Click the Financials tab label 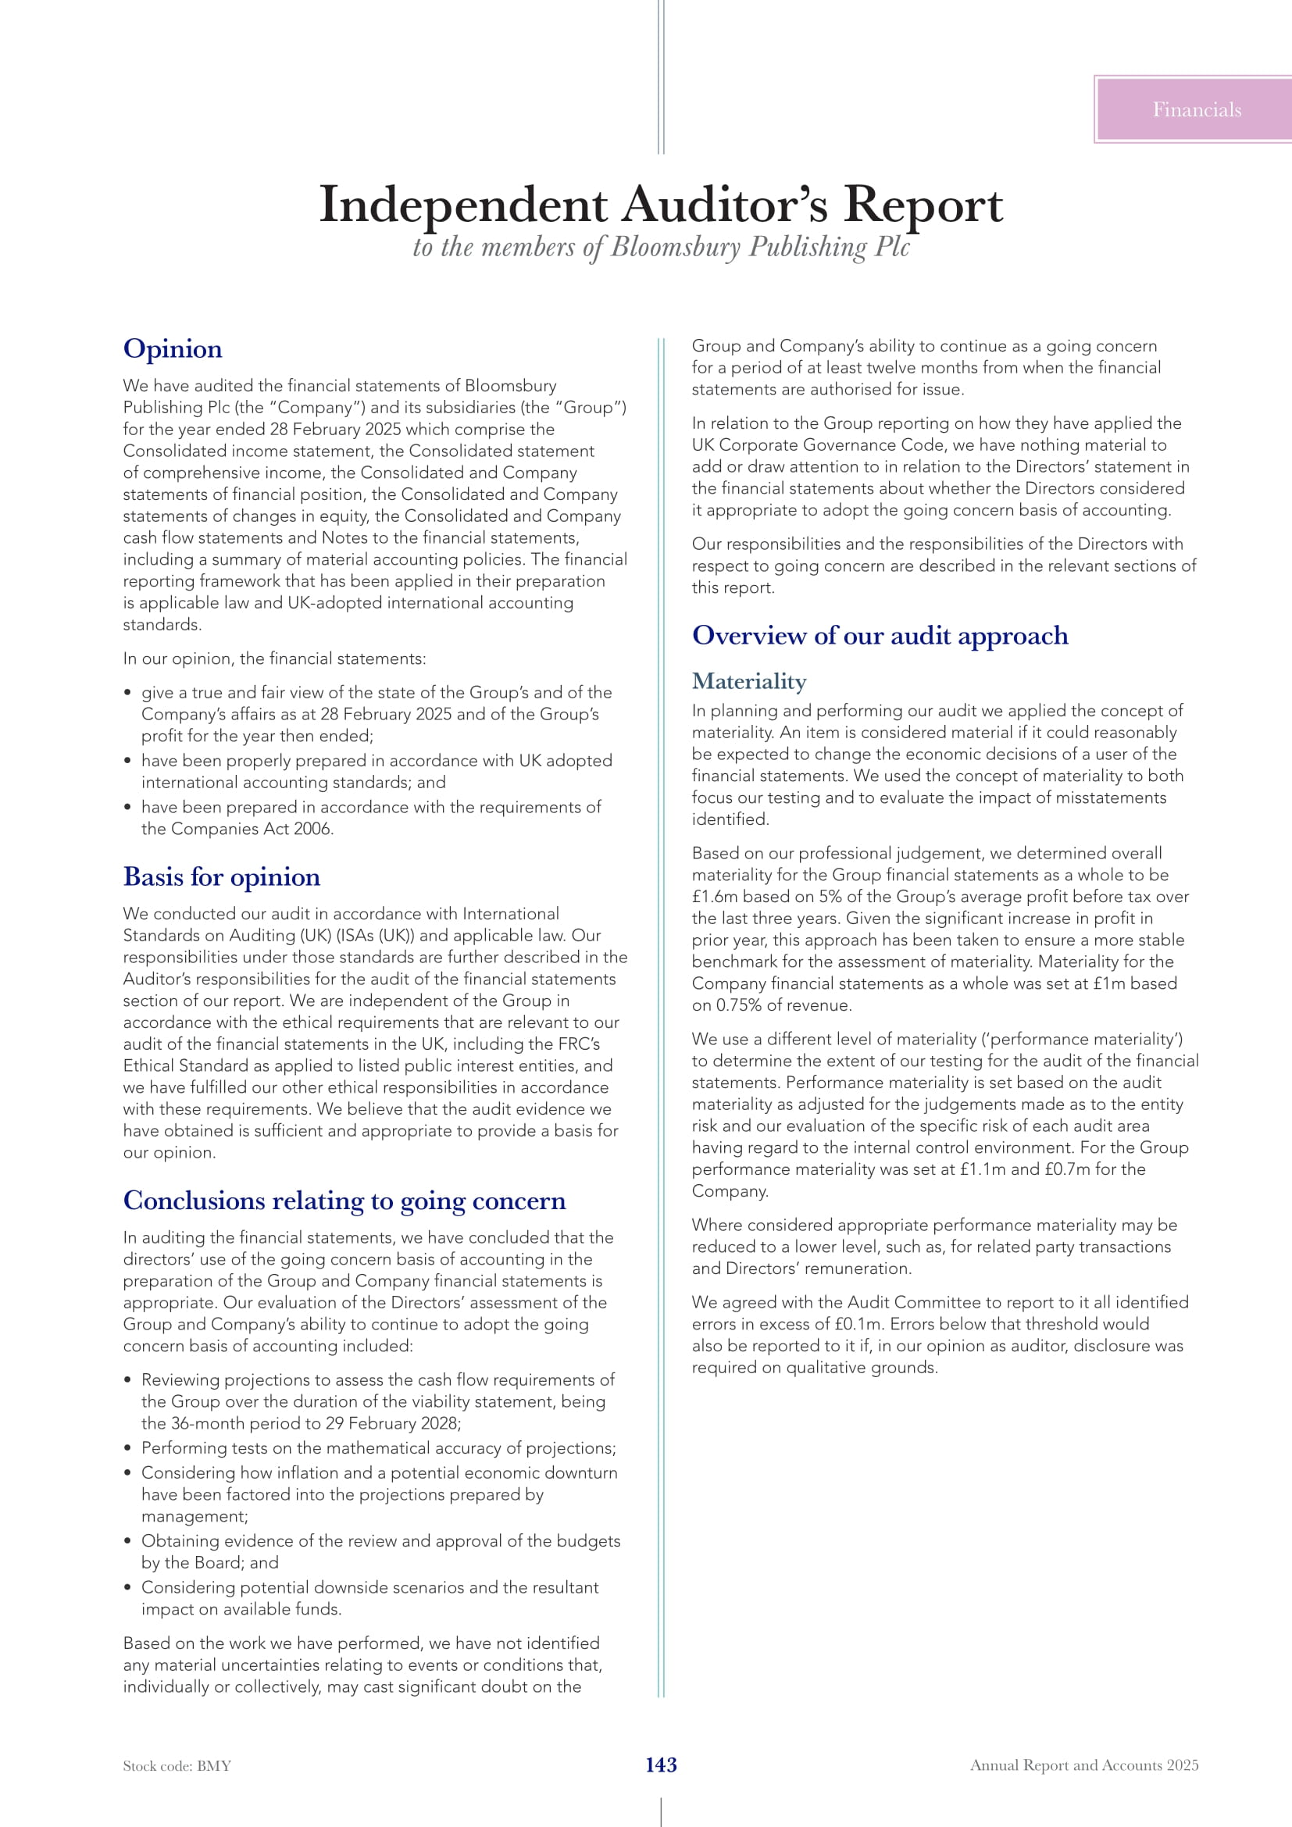1196,110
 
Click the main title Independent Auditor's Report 660,205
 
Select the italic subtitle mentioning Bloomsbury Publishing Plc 660,247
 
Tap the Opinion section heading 173,348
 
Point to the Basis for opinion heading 221,876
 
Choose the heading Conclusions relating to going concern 344,1200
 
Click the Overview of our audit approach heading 879,635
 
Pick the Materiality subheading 748,681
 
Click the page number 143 660,1765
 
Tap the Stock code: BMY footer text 177,1766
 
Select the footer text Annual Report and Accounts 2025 1083,1765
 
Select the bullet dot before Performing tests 127,1448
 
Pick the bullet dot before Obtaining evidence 127,1541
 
